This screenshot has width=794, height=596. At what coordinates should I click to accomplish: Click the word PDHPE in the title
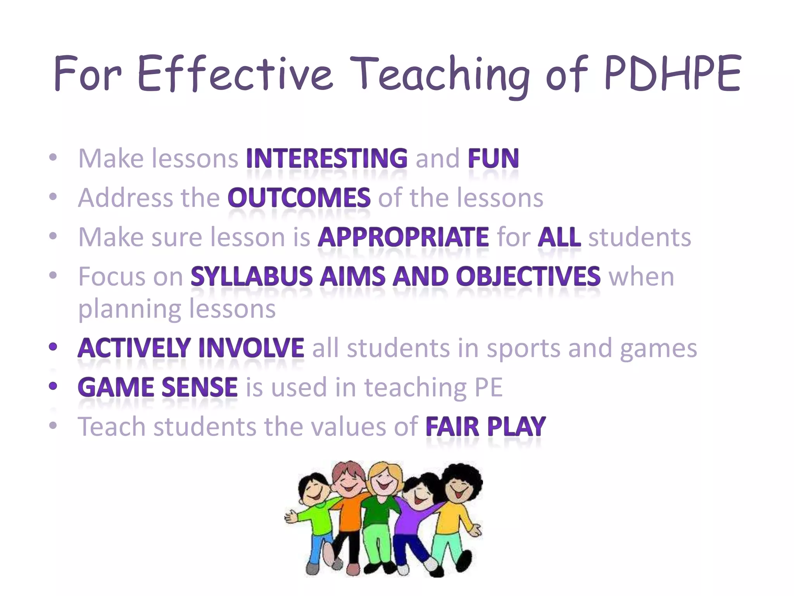pos(673,74)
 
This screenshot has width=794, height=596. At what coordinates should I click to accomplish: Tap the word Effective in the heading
pos(235,74)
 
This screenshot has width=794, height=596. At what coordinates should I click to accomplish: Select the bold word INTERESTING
pos(327,158)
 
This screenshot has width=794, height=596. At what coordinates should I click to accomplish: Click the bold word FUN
pos(493,158)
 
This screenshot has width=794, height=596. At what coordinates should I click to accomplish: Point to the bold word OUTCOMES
pos(299,198)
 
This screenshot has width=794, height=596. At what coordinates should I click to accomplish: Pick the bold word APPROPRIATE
pos(403,237)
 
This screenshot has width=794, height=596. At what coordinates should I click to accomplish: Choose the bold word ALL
pos(559,237)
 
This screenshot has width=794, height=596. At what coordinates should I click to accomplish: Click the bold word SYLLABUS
pos(251,277)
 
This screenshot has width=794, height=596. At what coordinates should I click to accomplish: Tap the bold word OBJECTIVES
pos(528,277)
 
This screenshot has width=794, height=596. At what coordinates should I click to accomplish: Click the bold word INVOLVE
pos(251,348)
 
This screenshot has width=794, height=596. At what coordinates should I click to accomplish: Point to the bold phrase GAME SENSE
pos(157,387)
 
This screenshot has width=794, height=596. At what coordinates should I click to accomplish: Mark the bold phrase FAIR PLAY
pos(485,427)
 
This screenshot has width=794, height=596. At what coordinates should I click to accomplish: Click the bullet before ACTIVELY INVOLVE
pos(53,347)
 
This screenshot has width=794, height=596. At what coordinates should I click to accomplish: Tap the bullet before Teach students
pos(53,426)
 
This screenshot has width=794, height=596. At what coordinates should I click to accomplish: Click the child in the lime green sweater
pos(316,516)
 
